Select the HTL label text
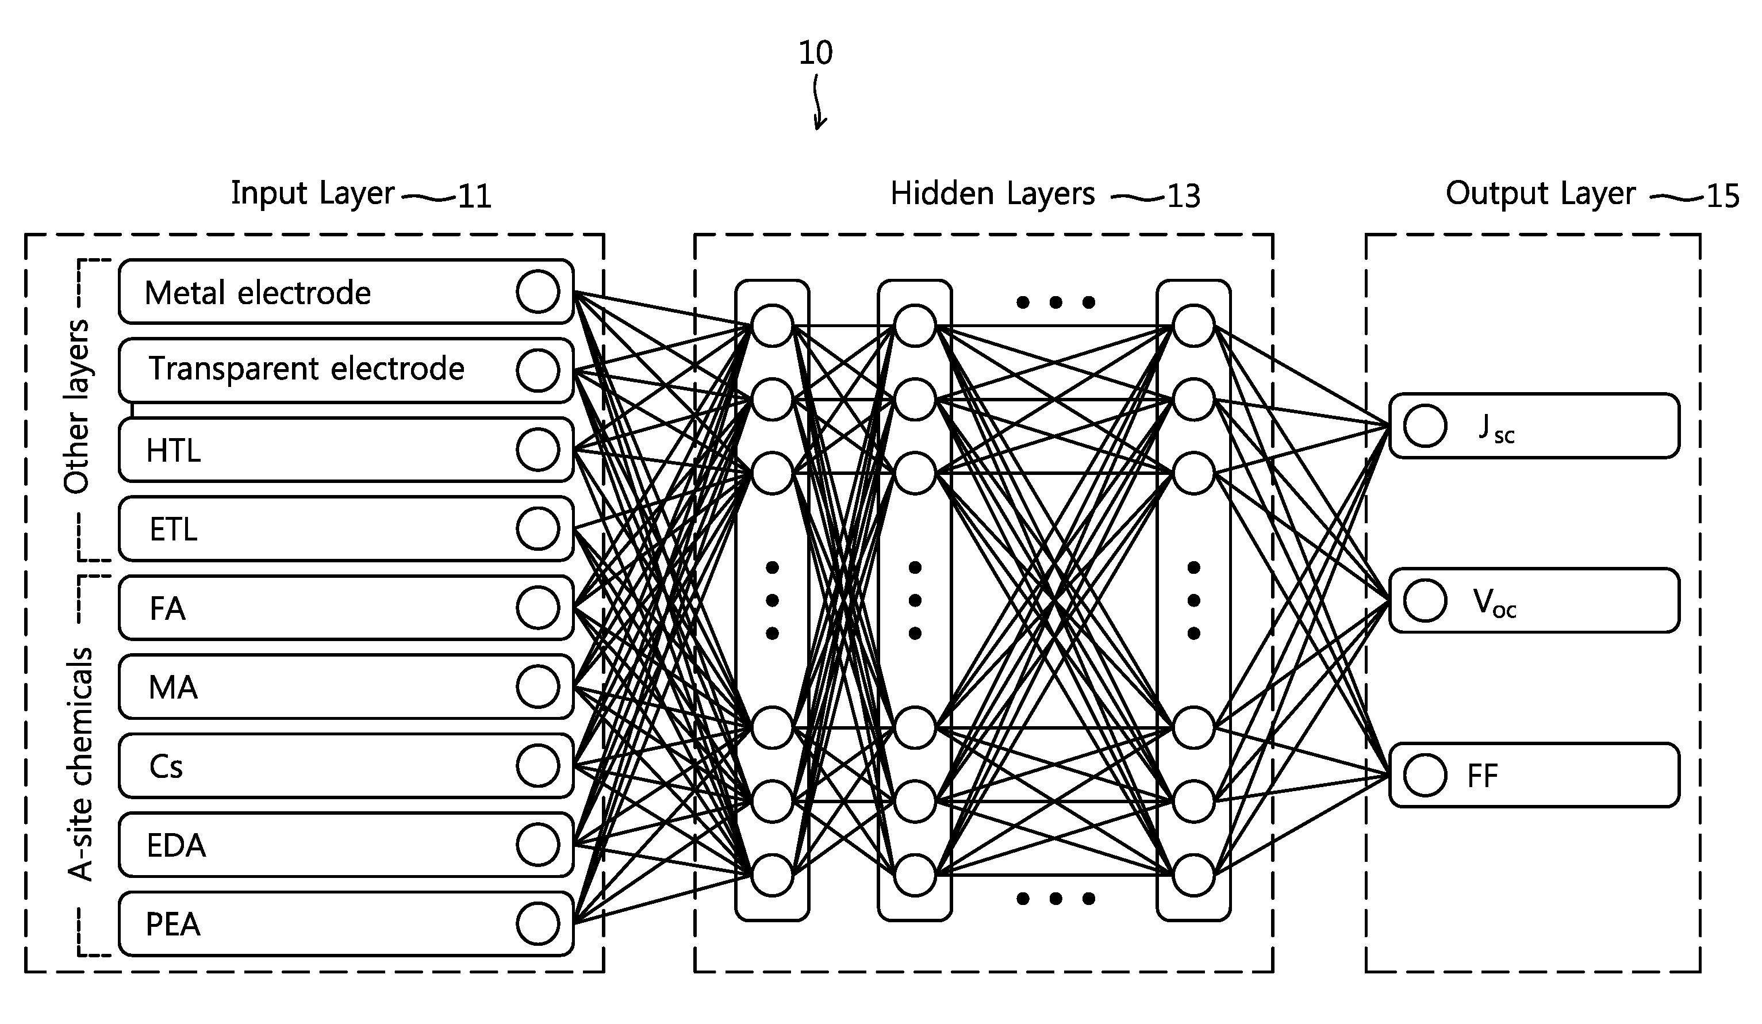point(174,450)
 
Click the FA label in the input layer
point(168,608)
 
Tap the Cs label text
point(166,766)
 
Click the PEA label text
point(172,925)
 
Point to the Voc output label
point(1494,603)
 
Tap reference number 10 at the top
point(815,52)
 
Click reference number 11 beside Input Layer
point(475,196)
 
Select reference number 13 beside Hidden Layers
point(1184,196)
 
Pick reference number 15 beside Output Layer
point(1723,196)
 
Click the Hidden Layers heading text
point(992,194)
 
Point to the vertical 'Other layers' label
point(76,406)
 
